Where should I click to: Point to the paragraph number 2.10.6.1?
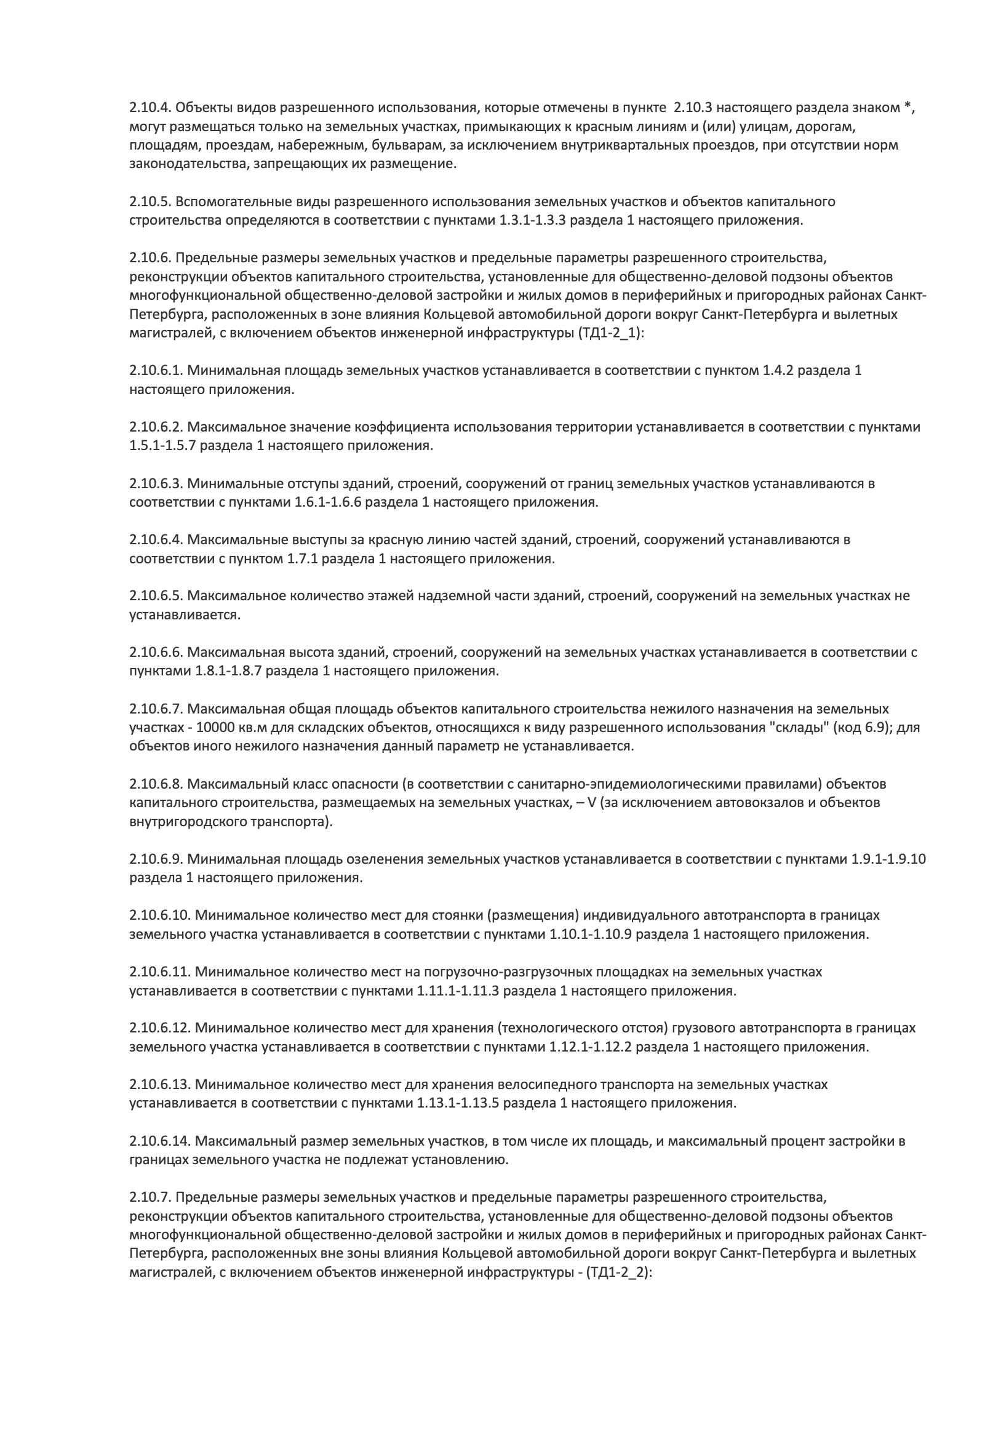156,371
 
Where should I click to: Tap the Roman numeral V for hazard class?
592,803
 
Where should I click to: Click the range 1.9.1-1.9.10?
888,859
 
